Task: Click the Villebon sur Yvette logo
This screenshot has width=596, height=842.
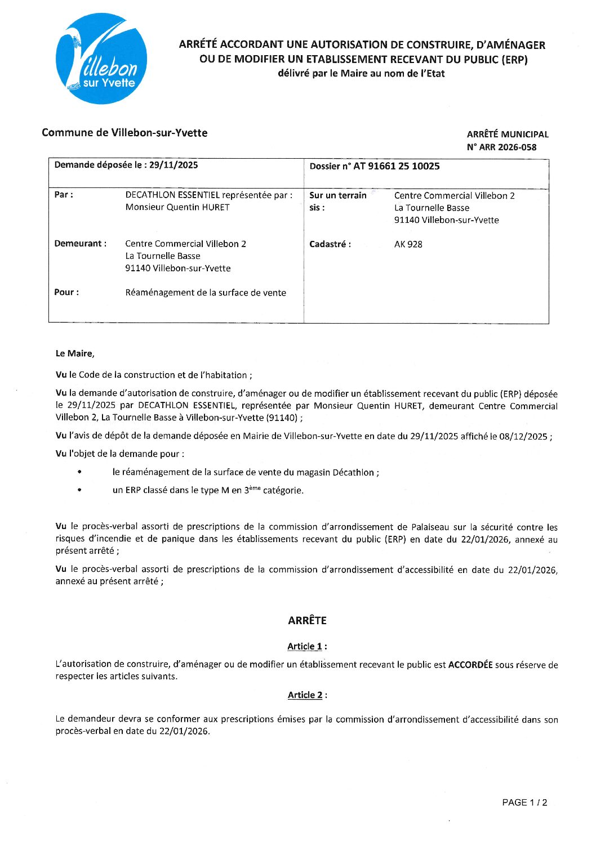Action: [x=101, y=59]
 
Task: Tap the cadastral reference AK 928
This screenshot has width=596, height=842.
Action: [x=408, y=244]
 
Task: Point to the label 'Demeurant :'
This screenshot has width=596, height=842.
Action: [x=80, y=244]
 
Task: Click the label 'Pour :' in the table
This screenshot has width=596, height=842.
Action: [x=66, y=292]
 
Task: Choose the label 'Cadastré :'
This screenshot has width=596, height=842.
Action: [x=330, y=244]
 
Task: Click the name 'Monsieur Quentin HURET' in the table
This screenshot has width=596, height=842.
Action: [x=177, y=207]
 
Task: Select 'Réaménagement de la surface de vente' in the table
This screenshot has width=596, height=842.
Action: [x=206, y=293]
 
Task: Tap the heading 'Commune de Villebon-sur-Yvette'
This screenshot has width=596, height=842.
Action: [x=124, y=133]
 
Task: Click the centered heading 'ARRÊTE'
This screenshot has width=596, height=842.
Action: [x=307, y=620]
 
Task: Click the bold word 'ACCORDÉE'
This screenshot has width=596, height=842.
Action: [x=470, y=665]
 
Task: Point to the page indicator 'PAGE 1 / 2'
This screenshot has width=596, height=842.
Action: [x=524, y=803]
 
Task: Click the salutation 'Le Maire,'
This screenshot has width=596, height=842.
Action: [x=75, y=353]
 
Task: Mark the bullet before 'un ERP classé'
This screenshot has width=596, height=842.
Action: [x=79, y=490]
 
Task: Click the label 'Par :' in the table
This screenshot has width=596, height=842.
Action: [x=64, y=195]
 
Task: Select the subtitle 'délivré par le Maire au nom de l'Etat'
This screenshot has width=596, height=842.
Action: [x=361, y=73]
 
